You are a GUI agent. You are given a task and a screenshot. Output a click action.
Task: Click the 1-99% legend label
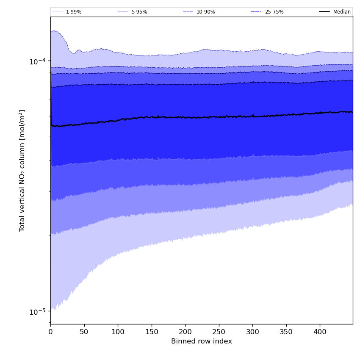coord(74,12)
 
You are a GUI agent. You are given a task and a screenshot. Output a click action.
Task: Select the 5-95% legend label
coord(139,12)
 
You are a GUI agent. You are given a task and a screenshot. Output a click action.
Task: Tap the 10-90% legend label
coord(205,12)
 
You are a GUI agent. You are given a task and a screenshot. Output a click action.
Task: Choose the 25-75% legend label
coord(274,12)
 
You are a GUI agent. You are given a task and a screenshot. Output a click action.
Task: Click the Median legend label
coord(342,12)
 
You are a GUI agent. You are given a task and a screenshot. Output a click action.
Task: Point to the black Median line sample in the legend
coord(325,12)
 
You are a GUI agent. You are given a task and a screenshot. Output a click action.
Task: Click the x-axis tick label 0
coord(50,332)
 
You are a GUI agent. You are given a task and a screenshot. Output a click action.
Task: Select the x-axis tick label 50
coord(84,332)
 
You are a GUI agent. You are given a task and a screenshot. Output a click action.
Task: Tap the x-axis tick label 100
coord(118,332)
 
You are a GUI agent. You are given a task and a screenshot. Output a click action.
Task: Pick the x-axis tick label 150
coord(151,332)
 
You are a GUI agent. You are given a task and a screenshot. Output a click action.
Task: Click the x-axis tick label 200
coord(185,332)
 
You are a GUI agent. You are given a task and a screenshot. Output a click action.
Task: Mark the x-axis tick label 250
coord(219,332)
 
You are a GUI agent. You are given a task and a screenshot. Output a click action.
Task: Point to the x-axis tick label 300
coord(252,332)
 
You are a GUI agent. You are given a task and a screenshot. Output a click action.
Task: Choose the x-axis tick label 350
coord(286,332)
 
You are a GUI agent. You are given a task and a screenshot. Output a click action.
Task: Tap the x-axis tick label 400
coord(320,332)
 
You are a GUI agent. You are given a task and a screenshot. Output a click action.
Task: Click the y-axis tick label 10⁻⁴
coord(37,61)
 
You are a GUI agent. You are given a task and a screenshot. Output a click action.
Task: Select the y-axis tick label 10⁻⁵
coord(37,311)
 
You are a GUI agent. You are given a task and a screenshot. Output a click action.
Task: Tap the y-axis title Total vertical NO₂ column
coord(22,170)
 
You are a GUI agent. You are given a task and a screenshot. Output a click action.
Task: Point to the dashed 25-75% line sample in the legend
coord(256,12)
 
